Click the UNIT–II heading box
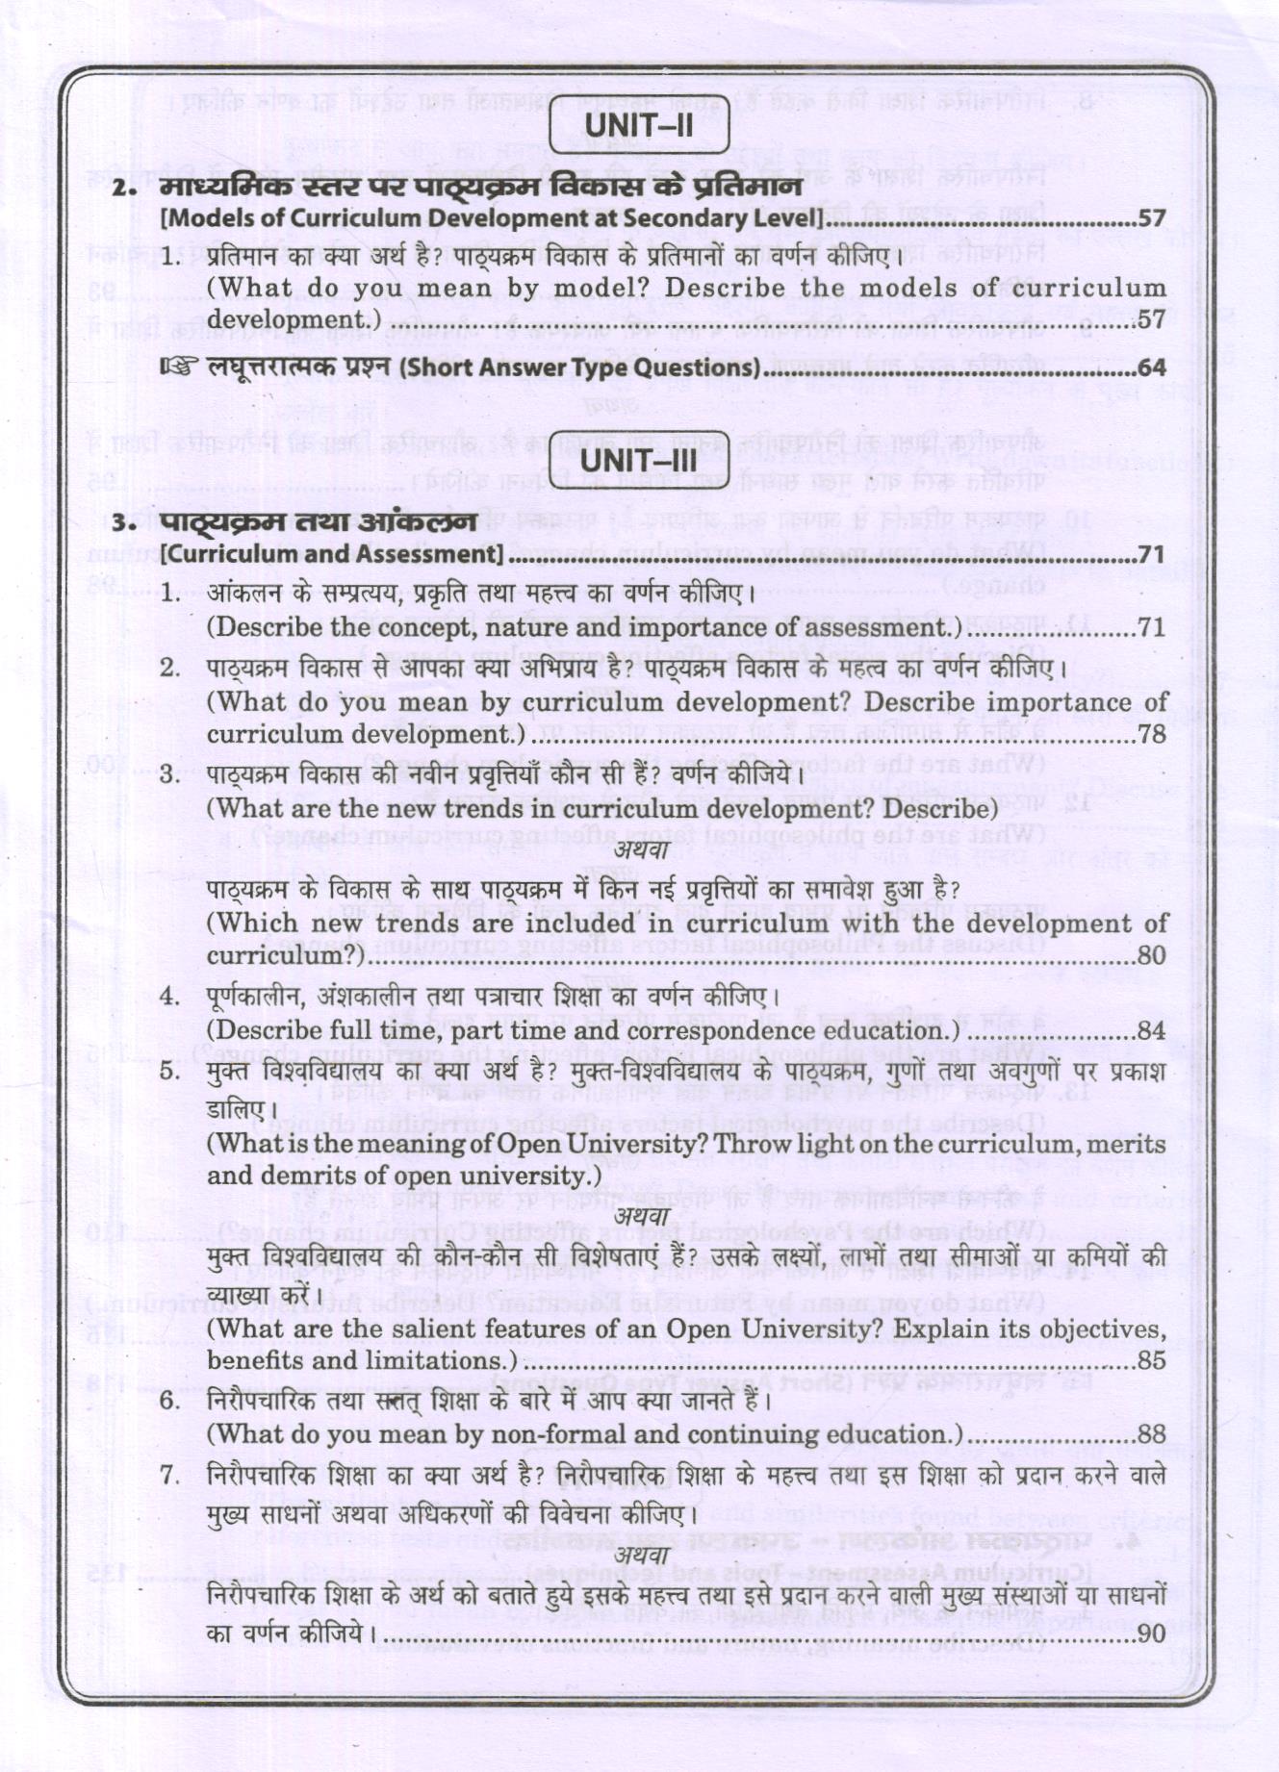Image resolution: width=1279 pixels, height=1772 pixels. [639, 126]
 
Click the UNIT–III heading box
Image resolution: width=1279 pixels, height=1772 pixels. [639, 459]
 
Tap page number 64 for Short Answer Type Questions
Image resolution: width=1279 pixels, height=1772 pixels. [1151, 367]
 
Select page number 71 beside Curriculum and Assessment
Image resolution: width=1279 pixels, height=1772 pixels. [1151, 555]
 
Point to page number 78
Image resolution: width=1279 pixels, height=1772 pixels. [1151, 735]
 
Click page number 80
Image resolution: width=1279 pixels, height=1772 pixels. [1151, 955]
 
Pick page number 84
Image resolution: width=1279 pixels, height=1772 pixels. [1151, 1031]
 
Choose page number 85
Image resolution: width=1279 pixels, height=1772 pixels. [1151, 1361]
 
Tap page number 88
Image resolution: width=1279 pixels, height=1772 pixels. [1151, 1434]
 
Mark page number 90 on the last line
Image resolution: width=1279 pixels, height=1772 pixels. [1151, 1633]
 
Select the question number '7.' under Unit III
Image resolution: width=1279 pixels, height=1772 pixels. [170, 1475]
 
